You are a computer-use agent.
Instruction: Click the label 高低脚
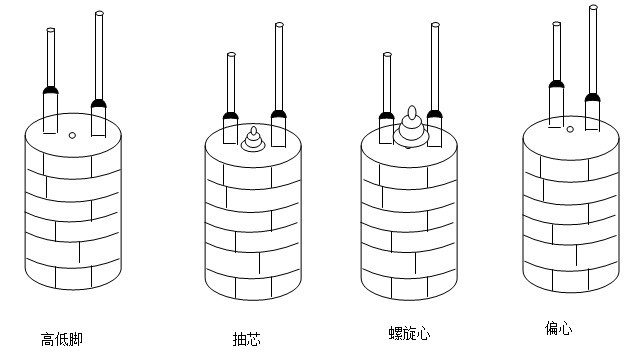(62, 339)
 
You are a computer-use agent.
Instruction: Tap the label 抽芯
(246, 339)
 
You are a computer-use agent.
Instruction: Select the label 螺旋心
(409, 333)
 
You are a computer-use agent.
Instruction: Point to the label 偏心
(558, 328)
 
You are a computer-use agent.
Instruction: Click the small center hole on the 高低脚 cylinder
(72, 135)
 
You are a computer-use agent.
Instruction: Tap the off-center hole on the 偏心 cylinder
(570, 129)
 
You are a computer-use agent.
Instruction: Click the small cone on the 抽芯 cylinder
(254, 140)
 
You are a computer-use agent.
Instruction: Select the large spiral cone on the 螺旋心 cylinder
(410, 127)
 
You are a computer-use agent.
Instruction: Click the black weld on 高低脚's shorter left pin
(51, 90)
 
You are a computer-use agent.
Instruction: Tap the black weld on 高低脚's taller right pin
(98, 103)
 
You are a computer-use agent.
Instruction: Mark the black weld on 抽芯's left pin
(230, 115)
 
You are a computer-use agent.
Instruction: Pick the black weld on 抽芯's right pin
(279, 114)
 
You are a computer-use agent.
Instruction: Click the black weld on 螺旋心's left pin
(386, 116)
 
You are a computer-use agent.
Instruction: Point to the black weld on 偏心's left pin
(556, 84)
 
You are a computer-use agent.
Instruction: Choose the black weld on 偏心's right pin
(592, 97)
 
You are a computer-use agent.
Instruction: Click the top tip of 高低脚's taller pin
(99, 13)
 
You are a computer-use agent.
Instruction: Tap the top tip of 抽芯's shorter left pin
(231, 54)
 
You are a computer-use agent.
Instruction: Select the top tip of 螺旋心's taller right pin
(435, 24)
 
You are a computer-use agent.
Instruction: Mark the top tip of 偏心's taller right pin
(593, 7)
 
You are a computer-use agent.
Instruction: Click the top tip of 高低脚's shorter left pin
(51, 30)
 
